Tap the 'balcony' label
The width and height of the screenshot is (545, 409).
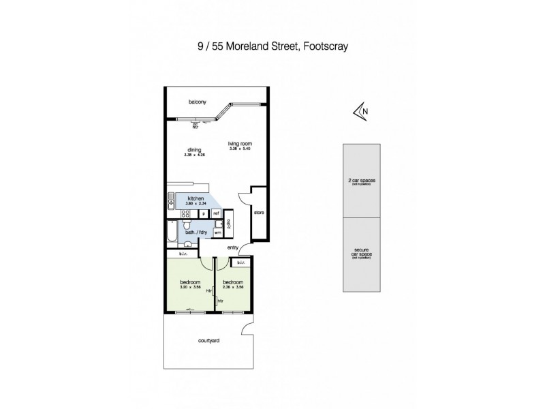[x=198, y=103]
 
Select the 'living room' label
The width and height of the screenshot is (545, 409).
[x=240, y=143]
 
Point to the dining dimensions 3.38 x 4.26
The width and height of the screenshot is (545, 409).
[x=194, y=155]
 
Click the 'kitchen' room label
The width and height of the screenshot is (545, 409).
[x=196, y=198]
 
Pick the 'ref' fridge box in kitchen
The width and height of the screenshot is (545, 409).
[x=216, y=213]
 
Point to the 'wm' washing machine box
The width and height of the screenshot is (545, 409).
[x=217, y=233]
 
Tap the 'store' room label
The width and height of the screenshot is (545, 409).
[x=258, y=213]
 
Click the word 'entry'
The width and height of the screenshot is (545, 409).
[x=233, y=248]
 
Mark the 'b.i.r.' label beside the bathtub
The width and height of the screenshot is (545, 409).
[x=183, y=254]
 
